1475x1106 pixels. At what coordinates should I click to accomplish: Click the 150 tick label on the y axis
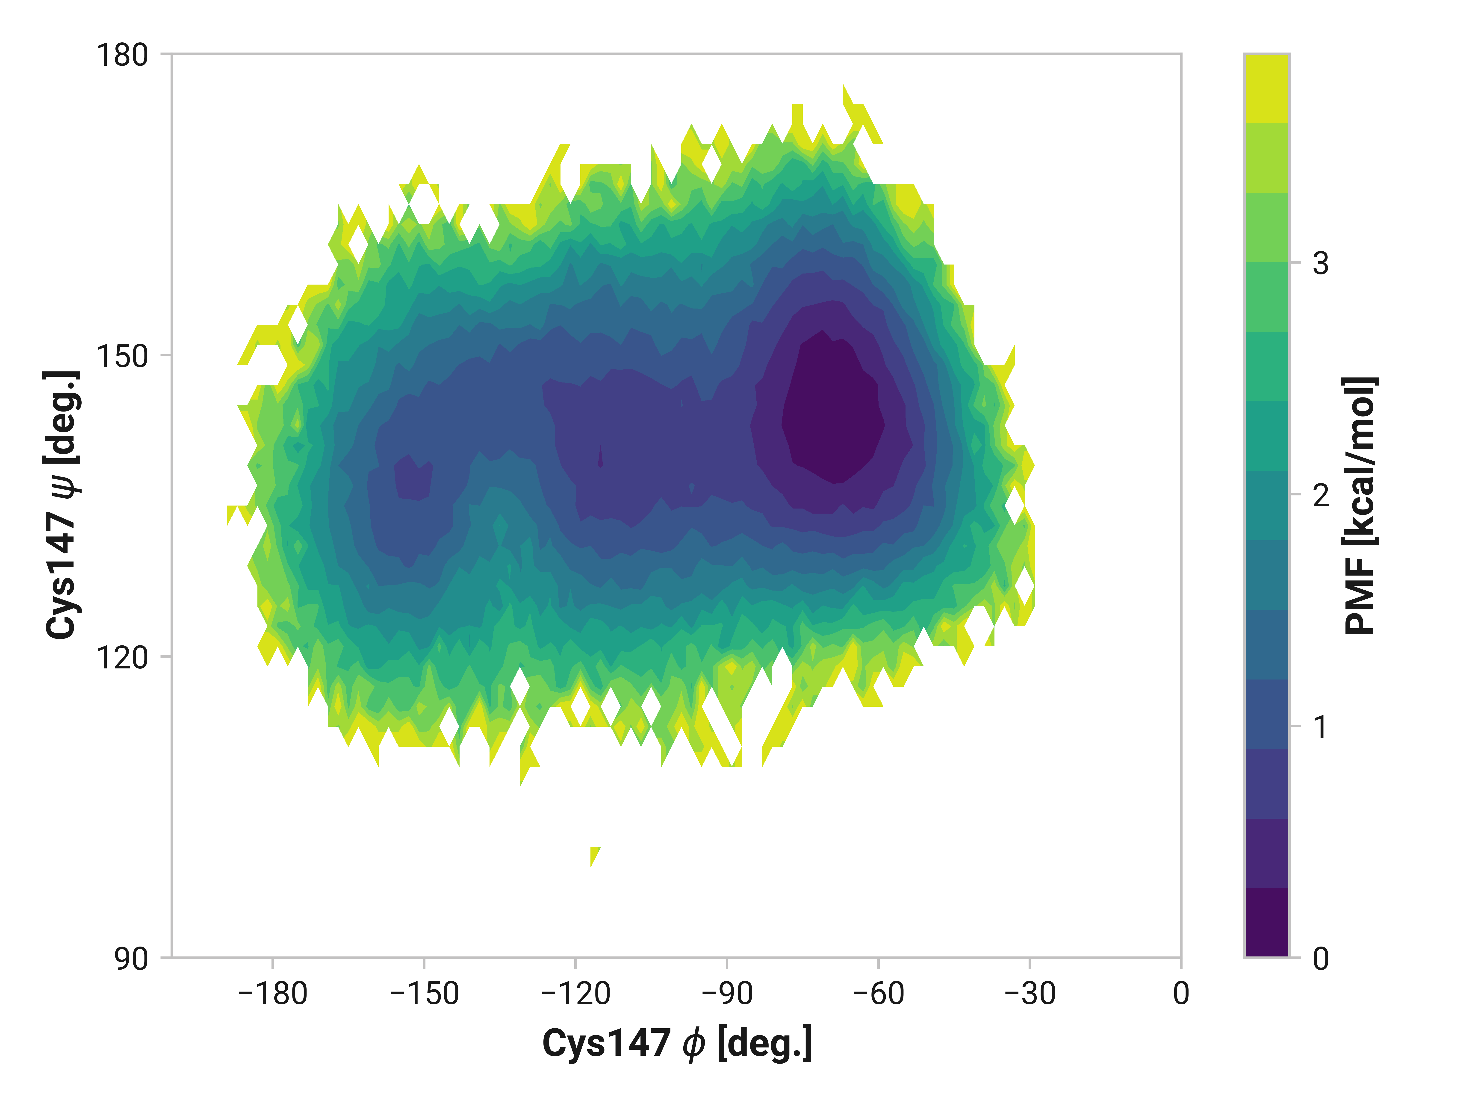click(x=122, y=356)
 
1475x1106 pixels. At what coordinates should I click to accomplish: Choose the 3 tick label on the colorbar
click(x=1320, y=263)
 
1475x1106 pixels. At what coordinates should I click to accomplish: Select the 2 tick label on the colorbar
click(x=1320, y=495)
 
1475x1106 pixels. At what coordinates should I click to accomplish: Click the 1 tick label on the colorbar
click(x=1320, y=727)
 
